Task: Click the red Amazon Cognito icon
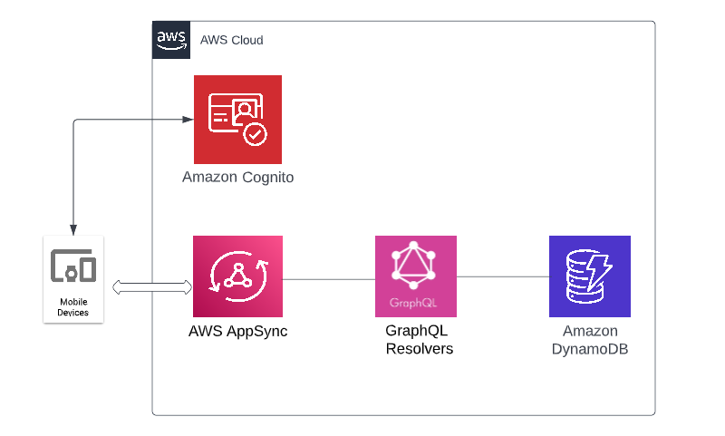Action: (x=237, y=119)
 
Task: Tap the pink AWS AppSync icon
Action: (x=237, y=276)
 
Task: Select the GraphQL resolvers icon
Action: (x=416, y=276)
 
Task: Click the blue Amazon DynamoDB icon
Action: (x=589, y=276)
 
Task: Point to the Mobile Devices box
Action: (x=73, y=279)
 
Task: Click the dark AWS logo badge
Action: (x=171, y=40)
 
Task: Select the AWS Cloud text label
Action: (x=231, y=41)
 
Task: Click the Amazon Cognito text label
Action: (x=237, y=178)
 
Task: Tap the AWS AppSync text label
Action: (x=237, y=331)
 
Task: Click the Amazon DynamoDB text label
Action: (x=589, y=340)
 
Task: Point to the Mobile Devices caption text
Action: (x=73, y=306)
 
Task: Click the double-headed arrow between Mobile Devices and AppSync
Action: (x=152, y=287)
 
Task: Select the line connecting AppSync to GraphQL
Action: (x=328, y=277)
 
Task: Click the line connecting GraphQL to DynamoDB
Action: (x=502, y=276)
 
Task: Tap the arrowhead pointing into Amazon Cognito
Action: (x=188, y=120)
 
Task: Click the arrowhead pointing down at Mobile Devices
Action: (x=73, y=229)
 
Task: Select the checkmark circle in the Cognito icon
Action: (x=255, y=134)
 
